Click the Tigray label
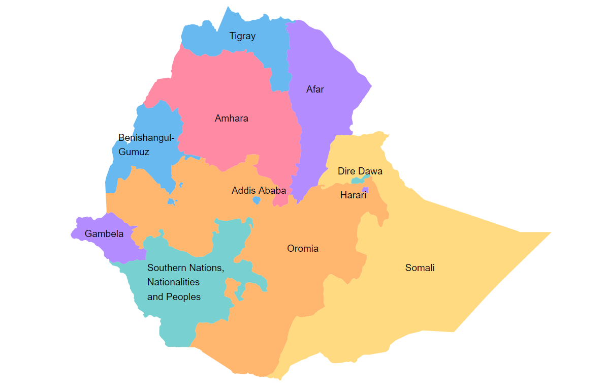tap(242, 36)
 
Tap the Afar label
tap(315, 90)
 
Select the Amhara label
tap(232, 118)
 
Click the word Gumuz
tap(134, 152)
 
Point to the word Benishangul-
tap(146, 138)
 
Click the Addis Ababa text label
tap(259, 191)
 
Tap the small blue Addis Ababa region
tap(257, 200)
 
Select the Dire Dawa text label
tap(360, 171)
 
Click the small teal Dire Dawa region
tap(359, 180)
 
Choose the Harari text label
tap(353, 195)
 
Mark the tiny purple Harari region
tap(365, 190)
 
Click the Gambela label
tap(104, 234)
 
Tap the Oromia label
tap(303, 249)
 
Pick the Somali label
tap(420, 268)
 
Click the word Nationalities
tap(173, 282)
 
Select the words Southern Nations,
tap(185, 268)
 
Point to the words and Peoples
tap(174, 297)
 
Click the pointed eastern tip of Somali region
tap(550, 232)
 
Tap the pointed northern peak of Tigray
tap(228, 8)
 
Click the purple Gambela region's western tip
tap(72, 234)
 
